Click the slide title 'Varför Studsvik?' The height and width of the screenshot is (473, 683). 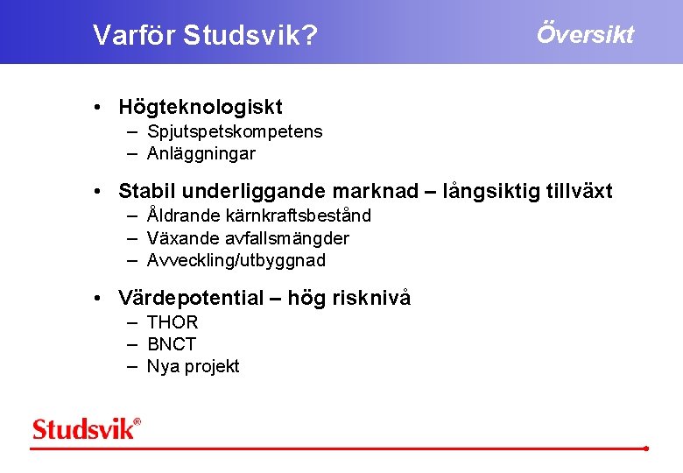(205, 36)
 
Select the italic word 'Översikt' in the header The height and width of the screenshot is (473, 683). (585, 34)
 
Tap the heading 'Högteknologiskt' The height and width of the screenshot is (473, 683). (201, 108)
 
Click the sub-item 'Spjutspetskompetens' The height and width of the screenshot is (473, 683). (235, 132)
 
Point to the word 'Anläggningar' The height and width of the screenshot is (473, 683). (201, 154)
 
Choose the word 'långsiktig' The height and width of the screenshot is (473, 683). (493, 192)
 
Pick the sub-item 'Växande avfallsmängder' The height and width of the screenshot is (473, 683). (248, 238)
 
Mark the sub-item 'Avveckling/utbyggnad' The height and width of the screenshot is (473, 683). (236, 261)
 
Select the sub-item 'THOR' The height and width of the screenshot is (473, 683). (173, 322)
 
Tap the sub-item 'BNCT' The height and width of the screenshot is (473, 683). (172, 344)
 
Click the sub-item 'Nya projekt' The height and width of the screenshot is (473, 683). (193, 367)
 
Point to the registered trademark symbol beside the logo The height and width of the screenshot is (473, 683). (137, 422)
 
